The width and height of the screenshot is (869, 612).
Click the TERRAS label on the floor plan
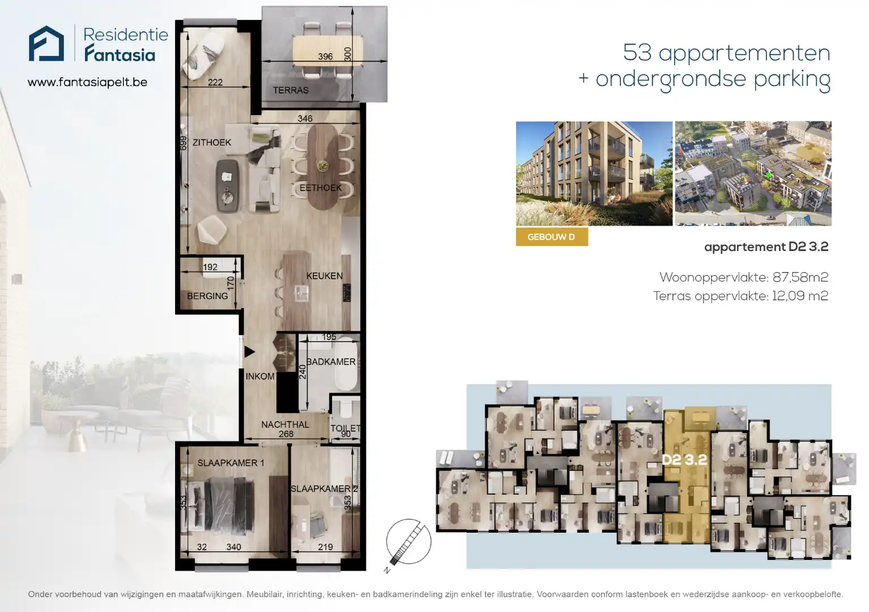pos(291,90)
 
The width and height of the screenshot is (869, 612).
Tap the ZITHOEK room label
pos(211,142)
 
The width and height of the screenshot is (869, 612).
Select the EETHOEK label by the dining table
pos(321,188)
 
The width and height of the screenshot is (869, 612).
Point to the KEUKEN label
pos(325,276)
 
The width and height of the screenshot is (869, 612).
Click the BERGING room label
pos(207,296)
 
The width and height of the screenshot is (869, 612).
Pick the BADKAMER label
pos(331,362)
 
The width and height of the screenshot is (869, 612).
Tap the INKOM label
pos(260,376)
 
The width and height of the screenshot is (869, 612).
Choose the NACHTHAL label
pos(285,424)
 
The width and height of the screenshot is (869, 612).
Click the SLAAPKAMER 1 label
pos(231,463)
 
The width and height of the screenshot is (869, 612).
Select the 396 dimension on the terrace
pos(325,57)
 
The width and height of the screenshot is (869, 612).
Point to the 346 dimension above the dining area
pos(305,119)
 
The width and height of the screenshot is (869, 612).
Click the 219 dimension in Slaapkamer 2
pos(325,547)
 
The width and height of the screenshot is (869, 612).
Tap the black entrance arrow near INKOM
pos(249,352)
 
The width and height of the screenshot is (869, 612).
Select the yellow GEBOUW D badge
pos(552,237)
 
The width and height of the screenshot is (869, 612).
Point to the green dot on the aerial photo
pos(768,175)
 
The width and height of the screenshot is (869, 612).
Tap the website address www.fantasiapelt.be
pos(87,82)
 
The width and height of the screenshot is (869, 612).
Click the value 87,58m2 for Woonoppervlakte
pos(800,277)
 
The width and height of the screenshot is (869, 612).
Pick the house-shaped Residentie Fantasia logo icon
pos(46,44)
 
